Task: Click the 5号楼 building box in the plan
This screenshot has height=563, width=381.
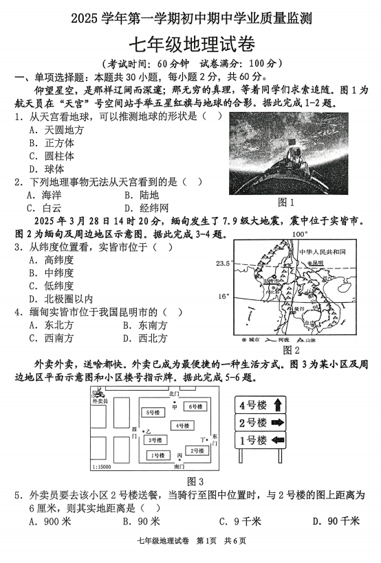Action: click(151, 412)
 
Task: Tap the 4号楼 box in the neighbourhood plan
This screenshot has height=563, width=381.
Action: click(181, 426)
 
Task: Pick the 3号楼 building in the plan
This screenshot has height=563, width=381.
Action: click(154, 439)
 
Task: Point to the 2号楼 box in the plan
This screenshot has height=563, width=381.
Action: click(197, 450)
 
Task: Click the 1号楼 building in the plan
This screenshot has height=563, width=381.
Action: click(157, 455)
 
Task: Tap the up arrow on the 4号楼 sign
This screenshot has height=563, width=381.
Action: click(278, 404)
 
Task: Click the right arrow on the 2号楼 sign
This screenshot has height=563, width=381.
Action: click(278, 422)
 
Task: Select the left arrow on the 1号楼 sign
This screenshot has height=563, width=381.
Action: click(278, 440)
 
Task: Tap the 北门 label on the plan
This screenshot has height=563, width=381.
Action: click(173, 394)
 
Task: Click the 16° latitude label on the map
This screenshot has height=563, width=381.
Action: click(223, 297)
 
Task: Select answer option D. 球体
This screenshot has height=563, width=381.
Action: click(46, 168)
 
